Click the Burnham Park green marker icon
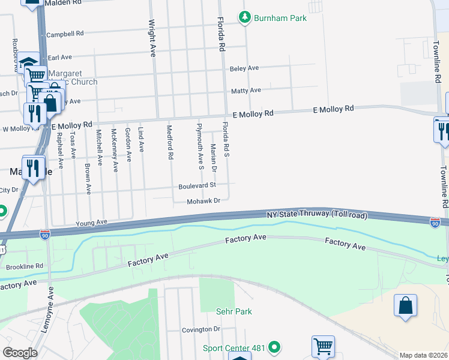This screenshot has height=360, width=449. coord(244,18)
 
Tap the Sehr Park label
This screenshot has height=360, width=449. coord(234,311)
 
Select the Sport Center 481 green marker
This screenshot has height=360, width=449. coord(274,347)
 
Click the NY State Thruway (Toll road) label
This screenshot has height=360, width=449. coord(316,214)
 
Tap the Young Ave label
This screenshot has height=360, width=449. coord(91,223)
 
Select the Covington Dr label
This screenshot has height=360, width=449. coord(201,329)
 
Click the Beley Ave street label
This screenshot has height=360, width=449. coord(244,68)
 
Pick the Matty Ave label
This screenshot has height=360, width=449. coord(246,91)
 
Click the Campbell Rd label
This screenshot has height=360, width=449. coord(65,34)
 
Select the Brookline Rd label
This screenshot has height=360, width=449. coord(25,266)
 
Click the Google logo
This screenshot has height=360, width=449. coord(19,353)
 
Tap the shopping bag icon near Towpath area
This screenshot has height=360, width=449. coord(406,305)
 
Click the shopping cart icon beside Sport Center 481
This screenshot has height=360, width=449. coord(323,346)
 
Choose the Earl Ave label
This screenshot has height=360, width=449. coord(60,57)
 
